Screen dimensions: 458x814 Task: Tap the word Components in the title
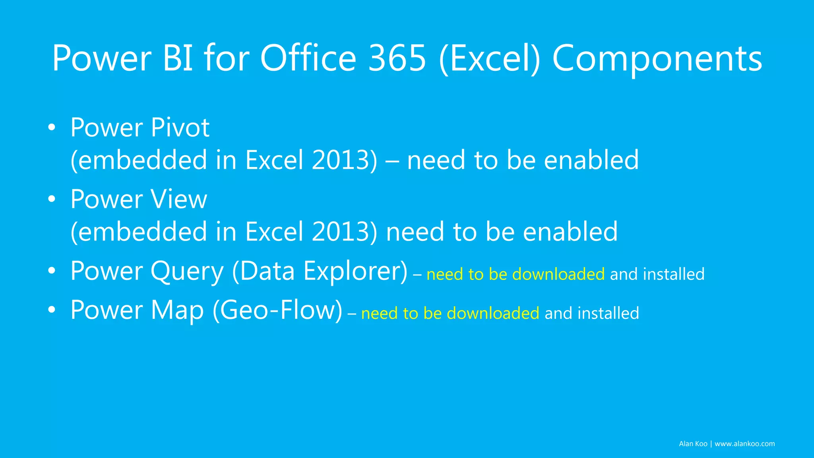[657, 59]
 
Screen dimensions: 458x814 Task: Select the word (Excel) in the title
[490, 59]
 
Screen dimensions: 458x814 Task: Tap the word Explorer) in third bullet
[355, 272]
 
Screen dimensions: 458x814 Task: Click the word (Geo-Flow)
[277, 310]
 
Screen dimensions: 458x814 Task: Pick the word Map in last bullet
[177, 311]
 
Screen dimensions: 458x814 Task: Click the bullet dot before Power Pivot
[51, 128]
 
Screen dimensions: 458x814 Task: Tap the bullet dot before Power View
[51, 200]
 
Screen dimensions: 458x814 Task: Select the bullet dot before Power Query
[51, 271]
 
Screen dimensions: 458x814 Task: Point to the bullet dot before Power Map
[51, 310]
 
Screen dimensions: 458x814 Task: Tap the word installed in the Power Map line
[608, 313]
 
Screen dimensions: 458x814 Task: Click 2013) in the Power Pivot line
[344, 160]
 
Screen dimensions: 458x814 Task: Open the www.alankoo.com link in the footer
[744, 444]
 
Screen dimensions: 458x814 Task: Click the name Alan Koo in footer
[693, 444]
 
